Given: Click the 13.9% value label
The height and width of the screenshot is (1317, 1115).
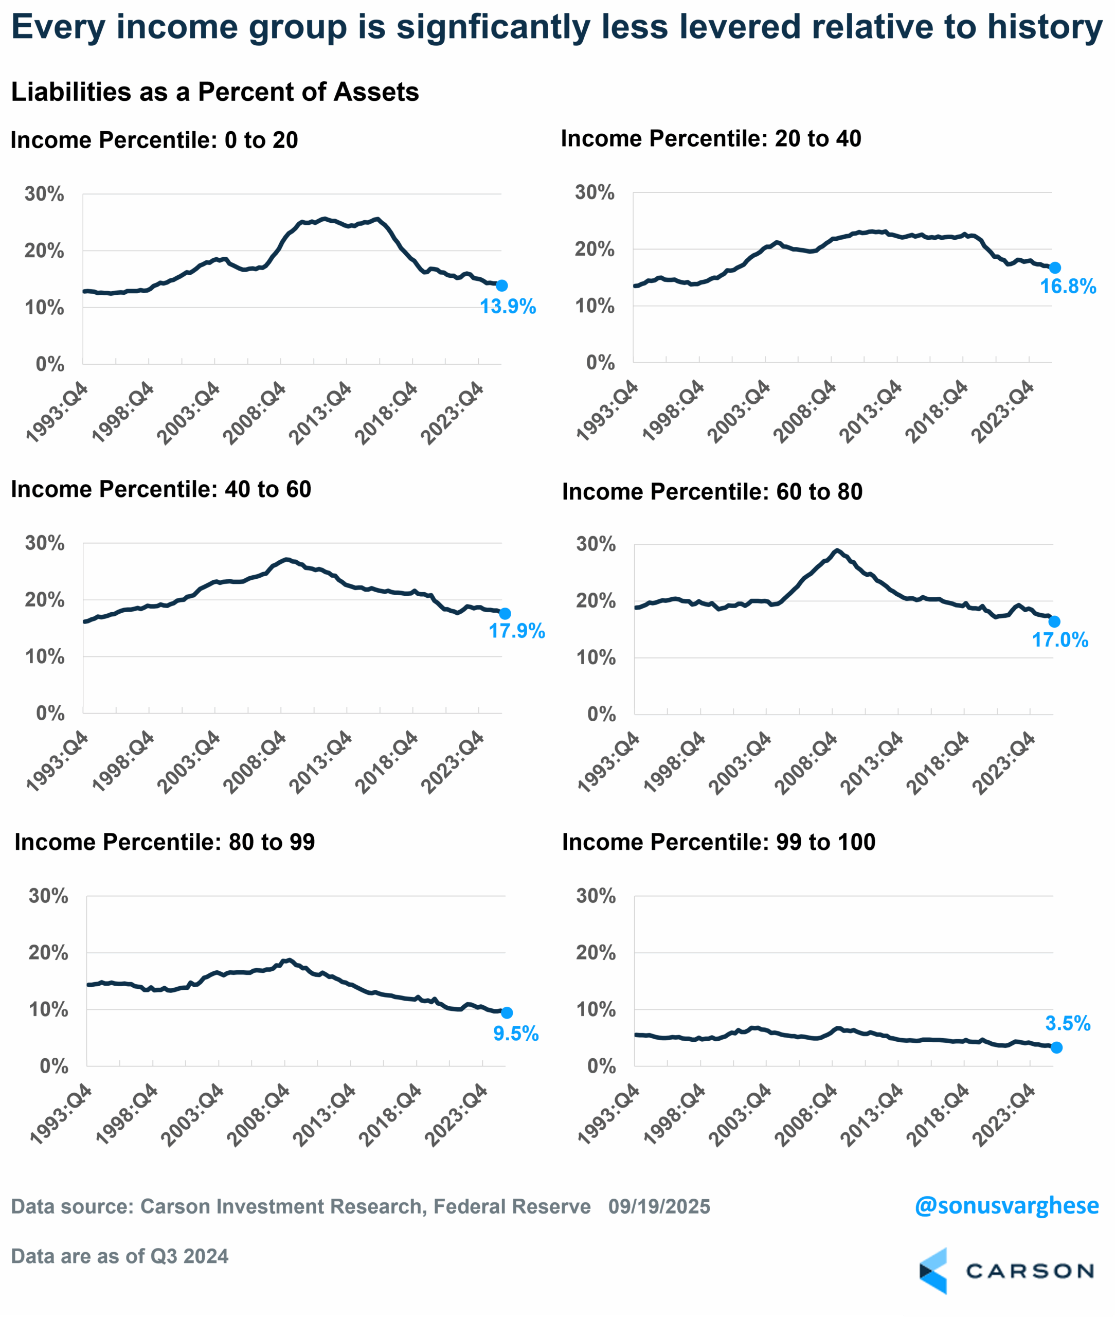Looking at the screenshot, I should pyautogui.click(x=508, y=307).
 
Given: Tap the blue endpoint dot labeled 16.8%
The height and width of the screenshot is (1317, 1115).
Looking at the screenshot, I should pyautogui.click(x=1055, y=268).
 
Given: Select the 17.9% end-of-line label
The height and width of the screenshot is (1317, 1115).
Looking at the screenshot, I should pyautogui.click(x=516, y=631).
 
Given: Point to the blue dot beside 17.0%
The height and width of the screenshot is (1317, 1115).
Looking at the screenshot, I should pyautogui.click(x=1054, y=622).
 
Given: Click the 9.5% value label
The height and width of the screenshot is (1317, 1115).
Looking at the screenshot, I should pyautogui.click(x=516, y=1034).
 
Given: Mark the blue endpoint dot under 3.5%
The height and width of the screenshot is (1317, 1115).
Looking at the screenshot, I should pyautogui.click(x=1056, y=1047).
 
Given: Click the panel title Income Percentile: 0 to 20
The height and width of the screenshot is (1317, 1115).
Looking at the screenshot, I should pyautogui.click(x=154, y=140).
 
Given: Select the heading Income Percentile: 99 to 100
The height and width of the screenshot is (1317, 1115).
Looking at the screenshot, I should pyautogui.click(x=718, y=842).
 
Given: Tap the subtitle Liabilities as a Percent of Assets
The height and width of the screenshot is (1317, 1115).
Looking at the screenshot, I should pyautogui.click(x=215, y=92).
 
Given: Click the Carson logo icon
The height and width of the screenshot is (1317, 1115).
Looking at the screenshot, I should pyautogui.click(x=933, y=1271).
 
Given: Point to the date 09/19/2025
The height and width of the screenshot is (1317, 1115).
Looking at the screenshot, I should pyautogui.click(x=659, y=1206).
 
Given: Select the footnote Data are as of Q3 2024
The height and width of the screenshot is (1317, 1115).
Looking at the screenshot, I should pyautogui.click(x=120, y=1256).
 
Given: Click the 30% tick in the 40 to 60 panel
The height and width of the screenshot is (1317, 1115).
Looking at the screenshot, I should pyautogui.click(x=45, y=543).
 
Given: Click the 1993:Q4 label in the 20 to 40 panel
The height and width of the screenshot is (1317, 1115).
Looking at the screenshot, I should pyautogui.click(x=607, y=411).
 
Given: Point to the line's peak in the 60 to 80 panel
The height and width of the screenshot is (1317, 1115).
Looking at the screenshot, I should pyautogui.click(x=837, y=550).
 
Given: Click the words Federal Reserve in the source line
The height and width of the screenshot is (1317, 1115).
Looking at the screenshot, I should pyautogui.click(x=512, y=1206).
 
